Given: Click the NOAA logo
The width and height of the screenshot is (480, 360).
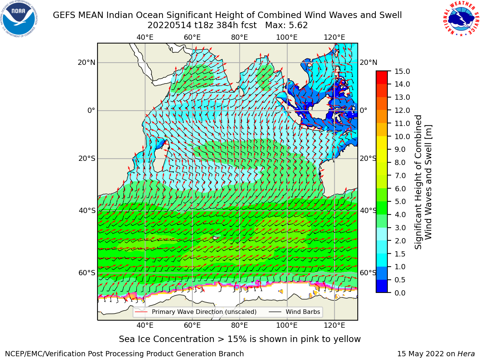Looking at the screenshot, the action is coord(19,19).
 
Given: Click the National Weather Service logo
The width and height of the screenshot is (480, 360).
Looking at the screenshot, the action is coord(461,19).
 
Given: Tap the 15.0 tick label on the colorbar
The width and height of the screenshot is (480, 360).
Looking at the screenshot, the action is coord(402,71).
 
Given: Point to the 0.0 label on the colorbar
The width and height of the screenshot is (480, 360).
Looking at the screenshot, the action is coord(400,293).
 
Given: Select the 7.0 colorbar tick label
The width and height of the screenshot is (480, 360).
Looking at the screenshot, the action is coord(400,175).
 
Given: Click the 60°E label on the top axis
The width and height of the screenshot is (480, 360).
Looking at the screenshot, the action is coord(192,37).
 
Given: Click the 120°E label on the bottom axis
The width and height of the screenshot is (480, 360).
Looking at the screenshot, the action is coord(334,325).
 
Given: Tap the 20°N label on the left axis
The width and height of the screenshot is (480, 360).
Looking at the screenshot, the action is coord(87,63).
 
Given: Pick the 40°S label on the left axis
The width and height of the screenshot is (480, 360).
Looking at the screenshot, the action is coord(87,211).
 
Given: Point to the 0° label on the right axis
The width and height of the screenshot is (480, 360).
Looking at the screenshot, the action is coord(363,110).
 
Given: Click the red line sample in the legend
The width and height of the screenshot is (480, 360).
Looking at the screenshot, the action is coord(141,312).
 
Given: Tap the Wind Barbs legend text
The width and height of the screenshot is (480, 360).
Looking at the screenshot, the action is coord(303,312).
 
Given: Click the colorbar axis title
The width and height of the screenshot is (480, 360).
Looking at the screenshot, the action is coord(423,182).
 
